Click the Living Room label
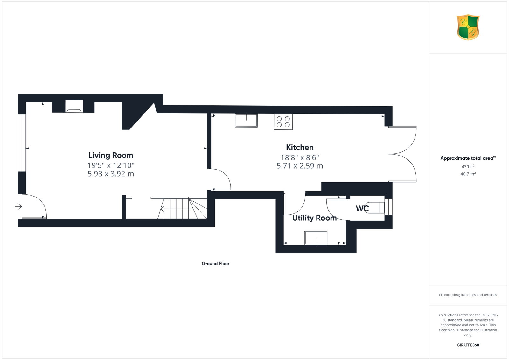111,156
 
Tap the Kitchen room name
300,148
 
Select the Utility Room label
315,218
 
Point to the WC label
362,208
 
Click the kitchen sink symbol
246,121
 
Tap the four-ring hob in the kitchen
283,122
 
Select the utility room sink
316,238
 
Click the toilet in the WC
375,208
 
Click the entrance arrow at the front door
18,206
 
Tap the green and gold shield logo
468,27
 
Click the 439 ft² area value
468,167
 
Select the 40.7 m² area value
468,174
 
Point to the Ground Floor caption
216,263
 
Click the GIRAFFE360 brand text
468,345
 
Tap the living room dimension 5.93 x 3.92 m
111,174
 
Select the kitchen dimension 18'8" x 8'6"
300,157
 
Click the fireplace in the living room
74,107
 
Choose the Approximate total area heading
468,158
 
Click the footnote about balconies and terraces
468,295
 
